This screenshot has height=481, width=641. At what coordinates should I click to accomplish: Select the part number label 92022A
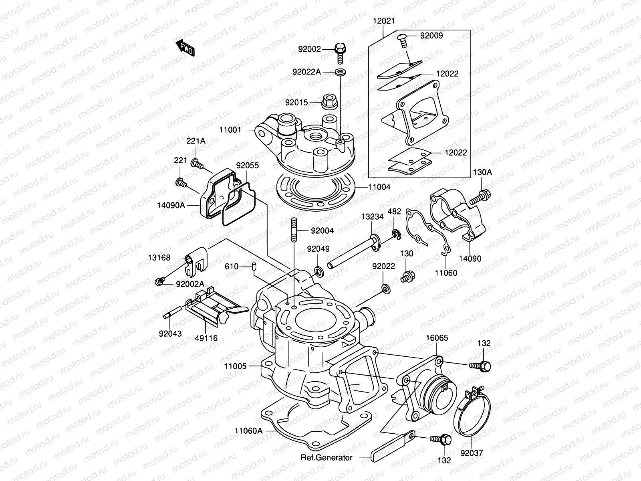coord(306,72)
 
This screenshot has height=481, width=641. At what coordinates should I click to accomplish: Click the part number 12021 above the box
coord(383,21)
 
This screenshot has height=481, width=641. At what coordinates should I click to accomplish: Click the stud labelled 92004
coord(294,230)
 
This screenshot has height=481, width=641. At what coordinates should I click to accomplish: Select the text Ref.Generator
coord(327,457)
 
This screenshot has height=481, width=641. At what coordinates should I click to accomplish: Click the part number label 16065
coord(437,338)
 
